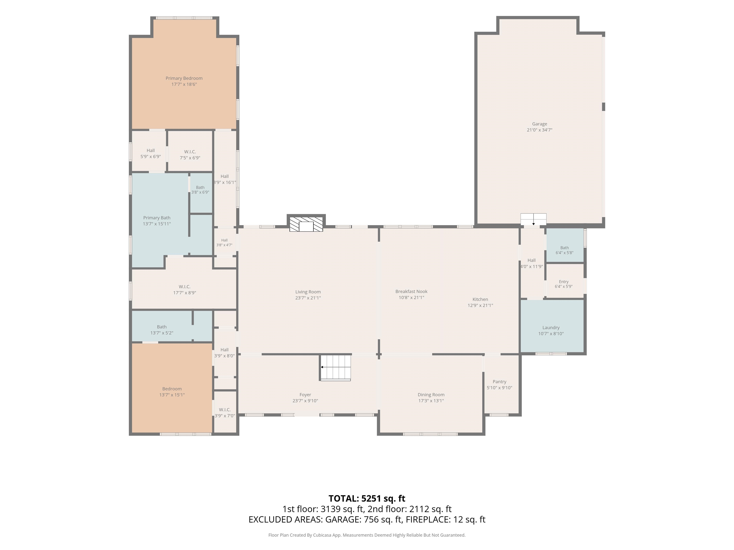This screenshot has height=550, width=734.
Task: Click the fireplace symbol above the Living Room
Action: click(x=306, y=224)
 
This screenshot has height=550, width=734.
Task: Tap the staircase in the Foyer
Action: click(x=335, y=367)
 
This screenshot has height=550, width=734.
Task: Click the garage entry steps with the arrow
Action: click(x=533, y=219)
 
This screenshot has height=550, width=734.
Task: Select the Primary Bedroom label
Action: click(x=184, y=78)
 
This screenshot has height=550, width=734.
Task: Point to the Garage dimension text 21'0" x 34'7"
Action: click(x=540, y=130)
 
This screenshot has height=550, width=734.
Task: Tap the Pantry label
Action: click(x=499, y=381)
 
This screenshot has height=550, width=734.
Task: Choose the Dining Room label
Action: click(x=431, y=395)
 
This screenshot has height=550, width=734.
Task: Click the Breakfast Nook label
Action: click(x=411, y=291)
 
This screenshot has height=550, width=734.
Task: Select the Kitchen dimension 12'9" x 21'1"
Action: click(x=480, y=305)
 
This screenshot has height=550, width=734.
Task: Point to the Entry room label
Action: click(x=563, y=282)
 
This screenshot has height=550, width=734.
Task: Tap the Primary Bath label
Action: click(x=157, y=218)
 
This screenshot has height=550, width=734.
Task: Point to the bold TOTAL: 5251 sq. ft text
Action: click(x=367, y=498)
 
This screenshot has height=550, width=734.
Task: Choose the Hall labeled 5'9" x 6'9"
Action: click(x=151, y=153)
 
